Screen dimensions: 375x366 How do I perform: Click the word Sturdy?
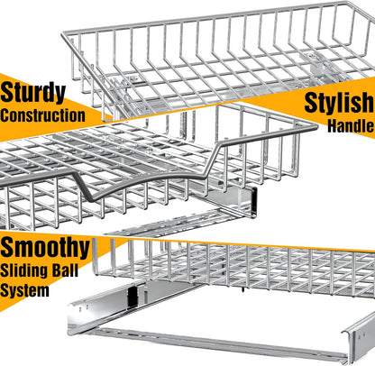click(x=32, y=93)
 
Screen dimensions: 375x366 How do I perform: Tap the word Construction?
click(x=42, y=115)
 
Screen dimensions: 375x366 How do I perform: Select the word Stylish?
click(x=339, y=104)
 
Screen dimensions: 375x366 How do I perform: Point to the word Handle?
click(x=351, y=126)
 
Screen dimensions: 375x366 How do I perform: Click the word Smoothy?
click(x=45, y=248)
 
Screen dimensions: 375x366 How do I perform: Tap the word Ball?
click(x=66, y=270)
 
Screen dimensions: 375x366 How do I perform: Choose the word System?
click(x=24, y=290)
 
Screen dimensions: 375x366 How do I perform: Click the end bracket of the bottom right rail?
click(x=360, y=336)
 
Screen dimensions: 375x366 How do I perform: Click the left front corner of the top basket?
click(x=64, y=34)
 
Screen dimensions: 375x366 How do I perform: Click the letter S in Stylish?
click(x=313, y=103)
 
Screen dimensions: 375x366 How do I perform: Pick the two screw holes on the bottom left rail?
click(x=84, y=307)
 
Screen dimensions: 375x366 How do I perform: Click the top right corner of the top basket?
click(x=348, y=3)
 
